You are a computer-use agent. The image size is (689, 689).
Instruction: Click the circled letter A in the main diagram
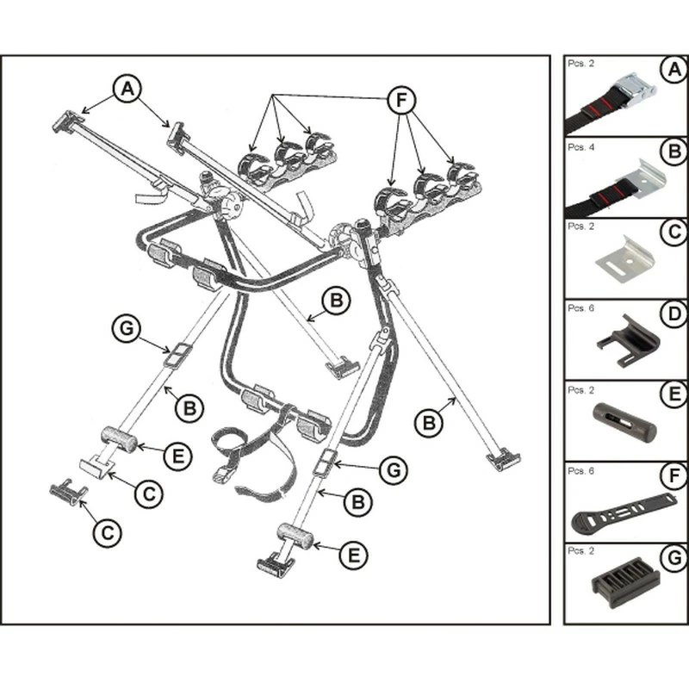127,88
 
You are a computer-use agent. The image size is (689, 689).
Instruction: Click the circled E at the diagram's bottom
351,556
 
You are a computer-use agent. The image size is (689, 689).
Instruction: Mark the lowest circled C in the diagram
106,531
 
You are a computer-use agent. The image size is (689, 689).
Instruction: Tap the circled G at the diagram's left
126,328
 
